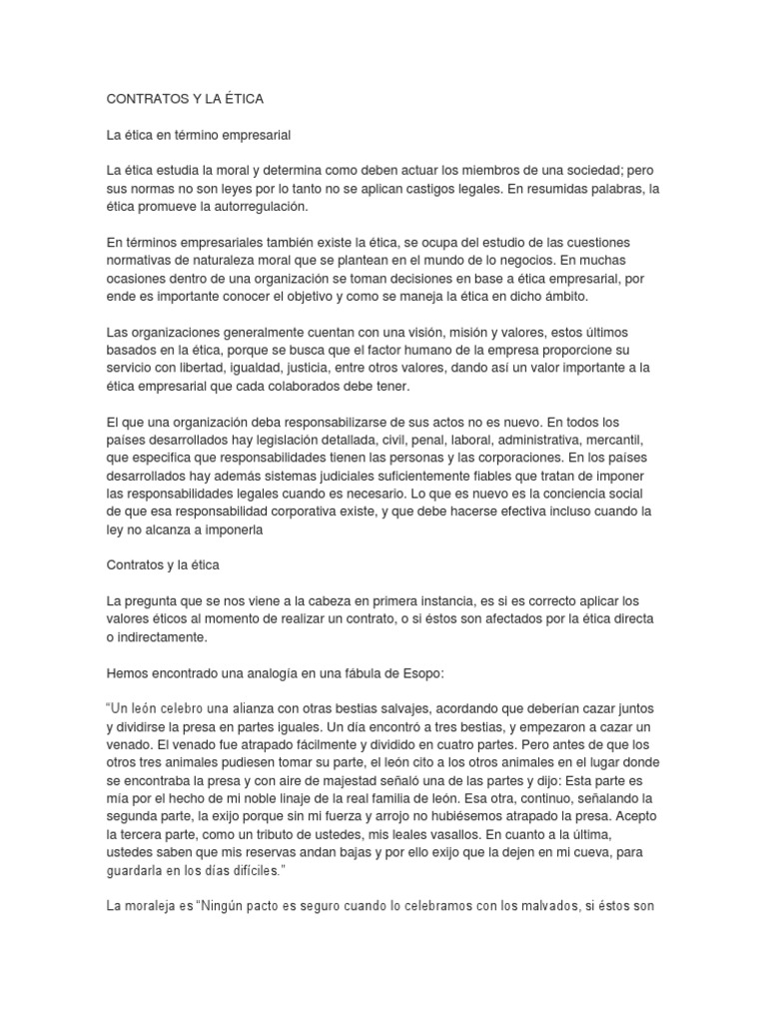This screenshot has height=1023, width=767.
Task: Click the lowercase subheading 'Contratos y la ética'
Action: coord(162,564)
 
